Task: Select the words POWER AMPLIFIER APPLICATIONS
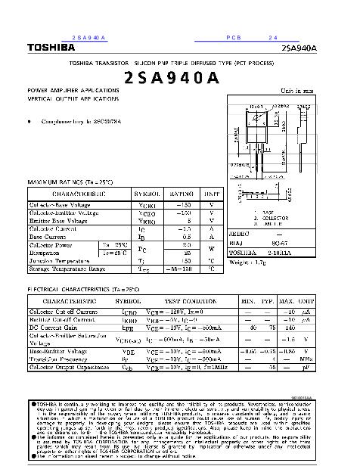coord(73,91)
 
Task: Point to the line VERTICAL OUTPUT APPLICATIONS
coord(73,99)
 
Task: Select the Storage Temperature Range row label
coord(67,269)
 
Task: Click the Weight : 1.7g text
coord(247,261)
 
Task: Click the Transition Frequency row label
coord(62,359)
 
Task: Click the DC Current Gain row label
coord(54,327)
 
